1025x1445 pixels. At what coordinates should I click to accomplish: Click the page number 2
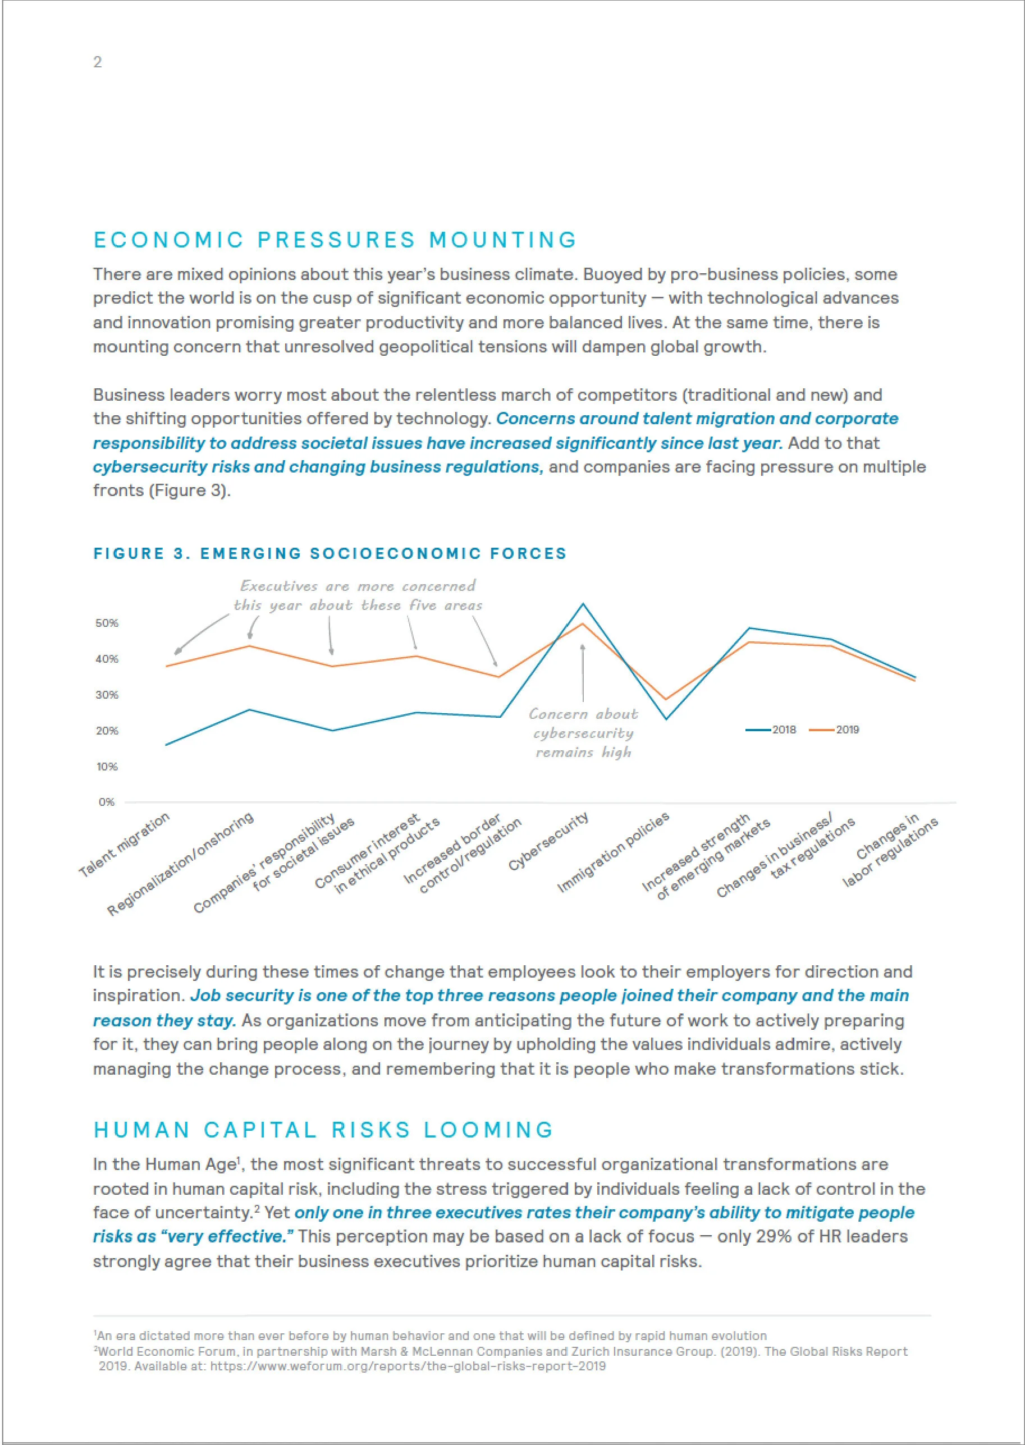pos(97,62)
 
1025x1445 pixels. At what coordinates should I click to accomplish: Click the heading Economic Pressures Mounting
pos(335,240)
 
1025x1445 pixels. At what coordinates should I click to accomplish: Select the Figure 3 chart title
pos(330,553)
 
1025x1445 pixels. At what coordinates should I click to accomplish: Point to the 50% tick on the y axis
pos(107,623)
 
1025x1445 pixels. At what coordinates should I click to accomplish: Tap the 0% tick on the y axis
pos(107,802)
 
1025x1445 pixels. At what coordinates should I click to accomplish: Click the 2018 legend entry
pos(772,730)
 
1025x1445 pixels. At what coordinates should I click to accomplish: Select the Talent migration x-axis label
pos(125,845)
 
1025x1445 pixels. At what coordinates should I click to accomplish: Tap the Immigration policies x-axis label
pos(613,852)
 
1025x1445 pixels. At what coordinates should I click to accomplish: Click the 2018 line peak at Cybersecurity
pos(583,604)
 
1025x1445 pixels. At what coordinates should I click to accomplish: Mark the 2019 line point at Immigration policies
pos(666,699)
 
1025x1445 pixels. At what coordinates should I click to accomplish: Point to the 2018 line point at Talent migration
pos(166,745)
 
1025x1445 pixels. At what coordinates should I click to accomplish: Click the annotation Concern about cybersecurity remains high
pos(583,732)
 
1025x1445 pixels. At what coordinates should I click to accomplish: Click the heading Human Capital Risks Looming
pos(323,1130)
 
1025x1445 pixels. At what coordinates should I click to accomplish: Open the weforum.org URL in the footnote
pos(407,1366)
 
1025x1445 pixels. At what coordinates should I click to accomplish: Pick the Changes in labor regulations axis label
pos(891,851)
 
